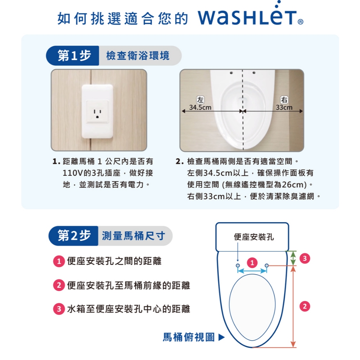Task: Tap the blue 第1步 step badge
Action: click(x=72, y=56)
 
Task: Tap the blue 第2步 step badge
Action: click(x=73, y=236)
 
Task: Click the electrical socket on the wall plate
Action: click(x=97, y=112)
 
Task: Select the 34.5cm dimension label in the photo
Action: click(x=200, y=108)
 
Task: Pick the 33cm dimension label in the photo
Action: click(x=284, y=108)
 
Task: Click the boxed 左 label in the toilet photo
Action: click(x=200, y=99)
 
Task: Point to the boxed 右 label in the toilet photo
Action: click(x=284, y=99)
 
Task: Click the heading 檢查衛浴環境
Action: click(x=138, y=56)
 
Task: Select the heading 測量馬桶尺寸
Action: click(x=133, y=236)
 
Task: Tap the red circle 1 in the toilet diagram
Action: click(x=252, y=262)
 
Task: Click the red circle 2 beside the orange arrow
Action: click(x=305, y=306)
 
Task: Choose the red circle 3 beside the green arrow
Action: click(x=305, y=258)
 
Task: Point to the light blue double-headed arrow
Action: click(x=252, y=271)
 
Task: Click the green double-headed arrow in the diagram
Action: click(x=293, y=258)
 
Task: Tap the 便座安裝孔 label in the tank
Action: click(x=254, y=237)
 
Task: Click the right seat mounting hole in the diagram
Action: click(x=266, y=266)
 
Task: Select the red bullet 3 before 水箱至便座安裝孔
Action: click(x=59, y=309)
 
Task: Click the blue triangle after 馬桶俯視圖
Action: click(x=221, y=337)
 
